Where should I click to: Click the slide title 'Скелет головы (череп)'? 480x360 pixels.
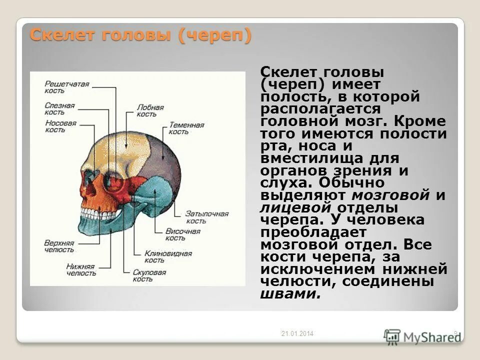pos(140,36)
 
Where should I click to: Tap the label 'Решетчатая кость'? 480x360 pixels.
pos(66,87)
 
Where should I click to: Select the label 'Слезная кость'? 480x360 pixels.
pos(59,109)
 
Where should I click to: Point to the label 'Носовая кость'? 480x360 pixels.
pos(60,126)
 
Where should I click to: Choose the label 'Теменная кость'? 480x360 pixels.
pos(186,128)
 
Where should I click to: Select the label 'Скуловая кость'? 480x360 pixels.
pos(149,276)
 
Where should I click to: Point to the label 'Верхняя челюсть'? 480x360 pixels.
pos(58,246)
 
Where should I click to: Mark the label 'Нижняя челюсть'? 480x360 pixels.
pos(80,270)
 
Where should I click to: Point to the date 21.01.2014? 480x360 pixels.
pos(297,334)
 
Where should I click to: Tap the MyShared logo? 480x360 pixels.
pos(422,336)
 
